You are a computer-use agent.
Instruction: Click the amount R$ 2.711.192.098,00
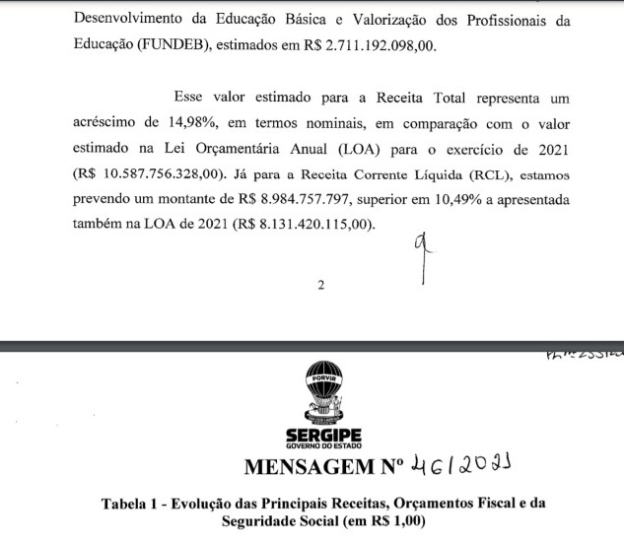point(381,45)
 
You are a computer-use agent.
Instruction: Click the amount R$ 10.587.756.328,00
point(136,179)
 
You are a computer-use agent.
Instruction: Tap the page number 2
point(320,287)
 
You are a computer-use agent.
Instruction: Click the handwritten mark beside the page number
point(424,257)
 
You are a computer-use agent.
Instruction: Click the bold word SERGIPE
point(322,435)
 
